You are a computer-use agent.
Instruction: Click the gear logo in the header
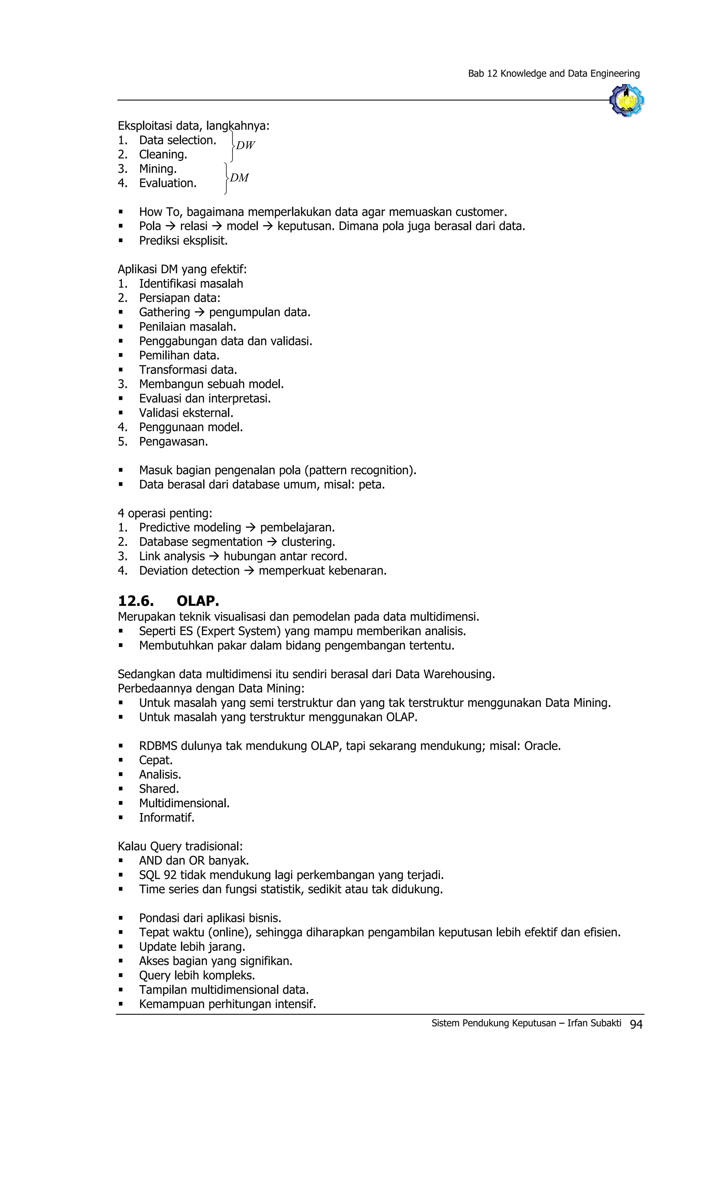tap(627, 100)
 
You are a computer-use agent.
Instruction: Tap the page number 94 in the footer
tap(636, 1024)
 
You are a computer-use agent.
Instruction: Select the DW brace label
tap(245, 145)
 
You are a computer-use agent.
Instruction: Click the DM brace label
tap(239, 178)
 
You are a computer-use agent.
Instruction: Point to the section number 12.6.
tap(136, 601)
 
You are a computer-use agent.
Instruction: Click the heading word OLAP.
tap(198, 601)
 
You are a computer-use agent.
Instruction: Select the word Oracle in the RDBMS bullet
tap(542, 746)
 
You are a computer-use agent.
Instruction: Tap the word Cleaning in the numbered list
tap(163, 155)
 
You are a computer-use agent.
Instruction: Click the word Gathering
tap(164, 312)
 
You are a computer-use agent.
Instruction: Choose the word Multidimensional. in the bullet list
tap(184, 803)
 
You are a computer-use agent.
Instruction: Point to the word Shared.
tap(159, 788)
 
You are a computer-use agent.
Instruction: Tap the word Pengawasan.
tap(174, 441)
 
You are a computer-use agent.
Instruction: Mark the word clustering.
tap(308, 542)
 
